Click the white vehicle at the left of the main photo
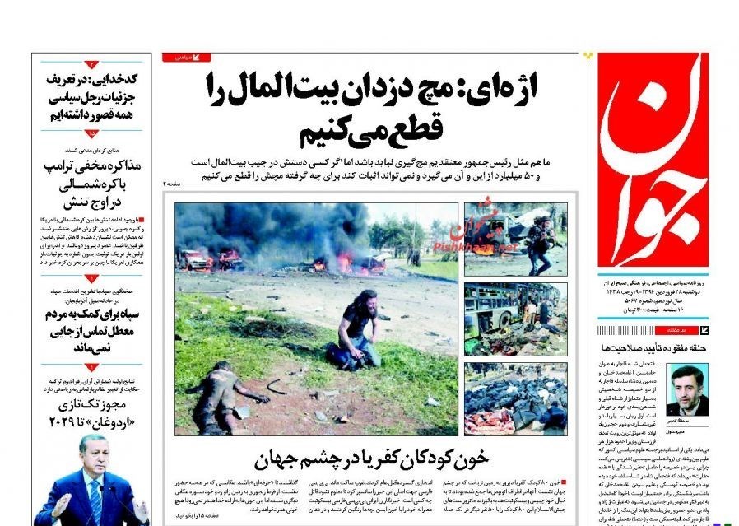click(x=196, y=260)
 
